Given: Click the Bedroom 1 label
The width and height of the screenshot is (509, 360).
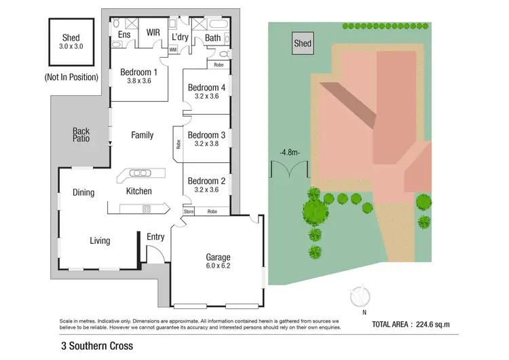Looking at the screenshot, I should [x=138, y=72].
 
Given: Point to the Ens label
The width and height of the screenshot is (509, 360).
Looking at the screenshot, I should [x=124, y=35].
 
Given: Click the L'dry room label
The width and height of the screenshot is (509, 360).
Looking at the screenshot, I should [x=180, y=37].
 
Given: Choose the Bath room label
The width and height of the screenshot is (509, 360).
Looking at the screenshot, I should [x=212, y=38].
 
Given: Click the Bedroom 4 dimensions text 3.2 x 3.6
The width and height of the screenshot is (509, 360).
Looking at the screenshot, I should [x=206, y=96].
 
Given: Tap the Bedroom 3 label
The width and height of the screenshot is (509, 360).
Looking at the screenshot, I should [x=206, y=134].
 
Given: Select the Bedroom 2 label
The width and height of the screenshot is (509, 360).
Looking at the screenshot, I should [x=206, y=181].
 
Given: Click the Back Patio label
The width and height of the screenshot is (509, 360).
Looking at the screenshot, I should [x=81, y=135].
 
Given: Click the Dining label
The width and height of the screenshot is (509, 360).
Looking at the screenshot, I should [x=83, y=192].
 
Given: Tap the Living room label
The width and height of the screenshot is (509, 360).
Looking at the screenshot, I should [x=100, y=240].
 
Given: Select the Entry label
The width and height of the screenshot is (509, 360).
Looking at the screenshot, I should [x=155, y=236].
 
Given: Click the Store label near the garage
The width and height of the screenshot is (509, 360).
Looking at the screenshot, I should [x=189, y=212].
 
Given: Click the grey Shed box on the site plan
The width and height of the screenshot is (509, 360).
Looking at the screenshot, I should [x=303, y=44].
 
